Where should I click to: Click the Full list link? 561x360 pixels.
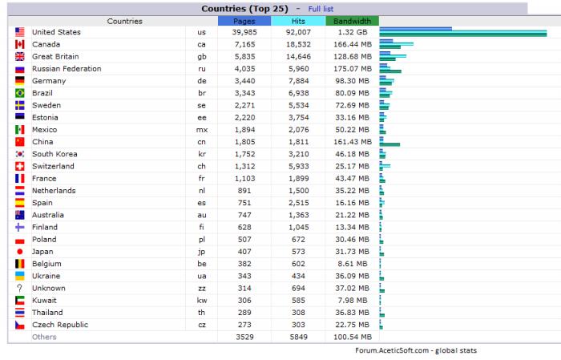click(321, 9)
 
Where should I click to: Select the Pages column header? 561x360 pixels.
click(244, 21)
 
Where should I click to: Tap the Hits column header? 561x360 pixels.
click(298, 21)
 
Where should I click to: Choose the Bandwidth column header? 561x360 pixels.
click(353, 21)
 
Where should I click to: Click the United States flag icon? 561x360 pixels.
click(20, 32)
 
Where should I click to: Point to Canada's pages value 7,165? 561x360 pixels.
click(244, 44)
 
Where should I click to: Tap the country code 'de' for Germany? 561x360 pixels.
click(201, 81)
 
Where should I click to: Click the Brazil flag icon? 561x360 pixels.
click(20, 93)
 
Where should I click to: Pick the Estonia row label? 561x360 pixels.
click(46, 117)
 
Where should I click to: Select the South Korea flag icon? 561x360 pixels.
click(20, 154)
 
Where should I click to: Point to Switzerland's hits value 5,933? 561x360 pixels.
click(298, 166)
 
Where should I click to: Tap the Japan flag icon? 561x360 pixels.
click(20, 252)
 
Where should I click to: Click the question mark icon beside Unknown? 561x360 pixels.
click(20, 288)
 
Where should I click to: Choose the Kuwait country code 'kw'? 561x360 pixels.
click(201, 300)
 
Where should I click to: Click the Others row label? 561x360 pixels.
click(44, 337)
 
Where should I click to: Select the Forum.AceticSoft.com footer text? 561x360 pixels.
click(416, 350)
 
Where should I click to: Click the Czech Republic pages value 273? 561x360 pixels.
click(244, 325)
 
